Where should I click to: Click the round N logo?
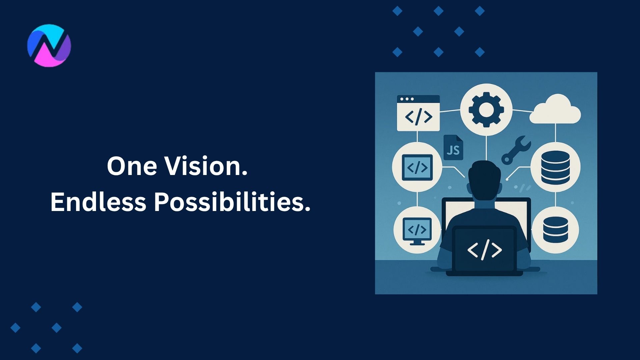click(x=49, y=45)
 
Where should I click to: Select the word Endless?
click(x=98, y=202)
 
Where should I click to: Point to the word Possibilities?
click(x=232, y=202)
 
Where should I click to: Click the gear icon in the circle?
click(x=486, y=110)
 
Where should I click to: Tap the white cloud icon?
click(x=555, y=110)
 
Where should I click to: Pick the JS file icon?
click(x=453, y=148)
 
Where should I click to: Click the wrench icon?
click(x=515, y=150)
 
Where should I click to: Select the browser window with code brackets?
click(x=418, y=113)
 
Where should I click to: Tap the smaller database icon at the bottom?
click(x=555, y=230)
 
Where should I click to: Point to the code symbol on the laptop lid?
click(x=484, y=250)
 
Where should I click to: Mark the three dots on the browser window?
click(x=407, y=99)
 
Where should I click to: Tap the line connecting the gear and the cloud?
click(x=522, y=111)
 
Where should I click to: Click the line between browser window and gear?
click(x=450, y=111)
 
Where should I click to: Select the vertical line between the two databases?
click(x=555, y=199)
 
